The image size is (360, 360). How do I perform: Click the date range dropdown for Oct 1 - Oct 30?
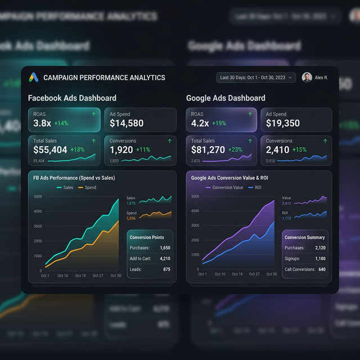pyautogui.click(x=256, y=78)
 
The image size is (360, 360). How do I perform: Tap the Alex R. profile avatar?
pyautogui.click(x=307, y=78)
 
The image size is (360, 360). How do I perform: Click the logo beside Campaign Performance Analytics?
pyautogui.click(x=34, y=78)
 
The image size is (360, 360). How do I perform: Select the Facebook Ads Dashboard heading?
pyautogui.click(x=72, y=98)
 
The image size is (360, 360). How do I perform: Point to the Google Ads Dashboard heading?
pyautogui.click(x=226, y=98)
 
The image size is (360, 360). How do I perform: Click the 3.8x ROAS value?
pyautogui.click(x=42, y=123)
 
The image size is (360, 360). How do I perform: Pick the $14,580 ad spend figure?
pyautogui.click(x=127, y=123)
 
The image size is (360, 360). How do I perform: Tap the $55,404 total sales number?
pyautogui.click(x=51, y=150)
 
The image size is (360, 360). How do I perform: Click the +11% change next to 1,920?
pyautogui.click(x=143, y=150)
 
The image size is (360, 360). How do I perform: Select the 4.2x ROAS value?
pyautogui.click(x=200, y=123)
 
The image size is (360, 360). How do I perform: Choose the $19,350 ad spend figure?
pyautogui.click(x=283, y=123)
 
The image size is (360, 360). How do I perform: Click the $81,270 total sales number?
pyautogui.click(x=208, y=150)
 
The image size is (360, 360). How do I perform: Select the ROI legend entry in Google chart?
pyautogui.click(x=255, y=187)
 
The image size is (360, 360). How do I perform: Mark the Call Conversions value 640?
pyautogui.click(x=322, y=269)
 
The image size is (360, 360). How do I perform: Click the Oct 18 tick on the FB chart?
pyautogui.click(x=80, y=276)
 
